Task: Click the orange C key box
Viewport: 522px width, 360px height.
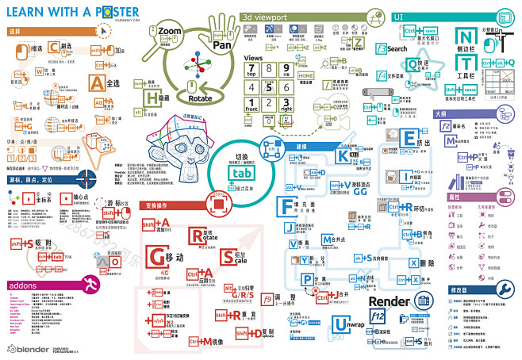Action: click(54, 48)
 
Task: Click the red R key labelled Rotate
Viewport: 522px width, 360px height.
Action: click(198, 236)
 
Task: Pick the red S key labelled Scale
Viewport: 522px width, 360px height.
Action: click(228, 257)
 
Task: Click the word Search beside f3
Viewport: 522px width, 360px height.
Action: click(397, 48)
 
